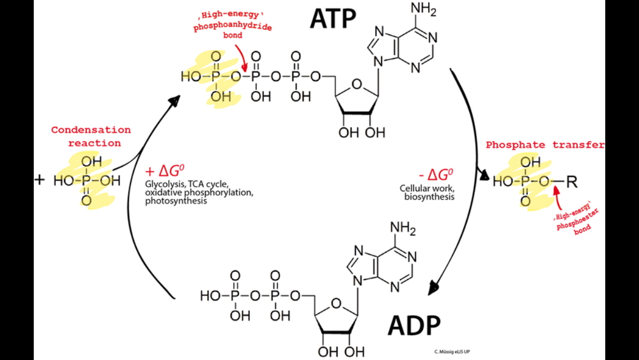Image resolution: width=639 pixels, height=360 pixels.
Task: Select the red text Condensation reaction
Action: pyautogui.click(x=91, y=136)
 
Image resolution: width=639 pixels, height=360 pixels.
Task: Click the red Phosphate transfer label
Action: pyautogui.click(x=544, y=145)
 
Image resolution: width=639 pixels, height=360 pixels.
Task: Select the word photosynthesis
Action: pyautogui.click(x=176, y=201)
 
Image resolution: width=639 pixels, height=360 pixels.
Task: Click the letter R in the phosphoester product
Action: pyautogui.click(x=572, y=183)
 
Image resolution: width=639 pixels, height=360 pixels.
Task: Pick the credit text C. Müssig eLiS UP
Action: pyautogui.click(x=456, y=351)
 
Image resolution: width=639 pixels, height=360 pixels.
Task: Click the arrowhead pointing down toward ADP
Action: pyautogui.click(x=435, y=286)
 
